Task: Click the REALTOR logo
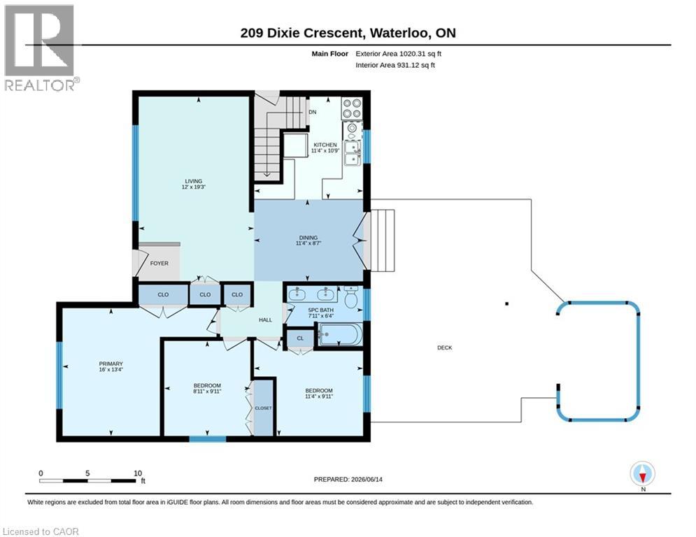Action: click(x=40, y=48)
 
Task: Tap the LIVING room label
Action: click(x=194, y=181)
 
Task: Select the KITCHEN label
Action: click(x=325, y=145)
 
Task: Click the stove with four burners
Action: click(x=352, y=109)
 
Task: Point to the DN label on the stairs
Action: click(x=313, y=112)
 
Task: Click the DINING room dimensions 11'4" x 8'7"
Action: click(x=308, y=243)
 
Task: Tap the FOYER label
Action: click(x=159, y=263)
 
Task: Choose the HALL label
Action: click(x=265, y=320)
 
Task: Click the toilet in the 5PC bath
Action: click(x=352, y=297)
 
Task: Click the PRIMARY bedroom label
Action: click(x=111, y=364)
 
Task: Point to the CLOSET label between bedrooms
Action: click(x=263, y=408)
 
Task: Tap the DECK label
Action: click(x=445, y=348)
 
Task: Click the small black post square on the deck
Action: click(x=507, y=304)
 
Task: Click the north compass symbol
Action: click(x=643, y=474)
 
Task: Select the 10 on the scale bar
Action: click(x=138, y=473)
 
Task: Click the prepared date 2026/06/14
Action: click(x=367, y=479)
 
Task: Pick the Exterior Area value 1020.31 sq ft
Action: click(x=420, y=54)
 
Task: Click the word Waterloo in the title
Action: click(x=399, y=34)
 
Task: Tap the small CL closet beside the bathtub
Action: click(x=301, y=338)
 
